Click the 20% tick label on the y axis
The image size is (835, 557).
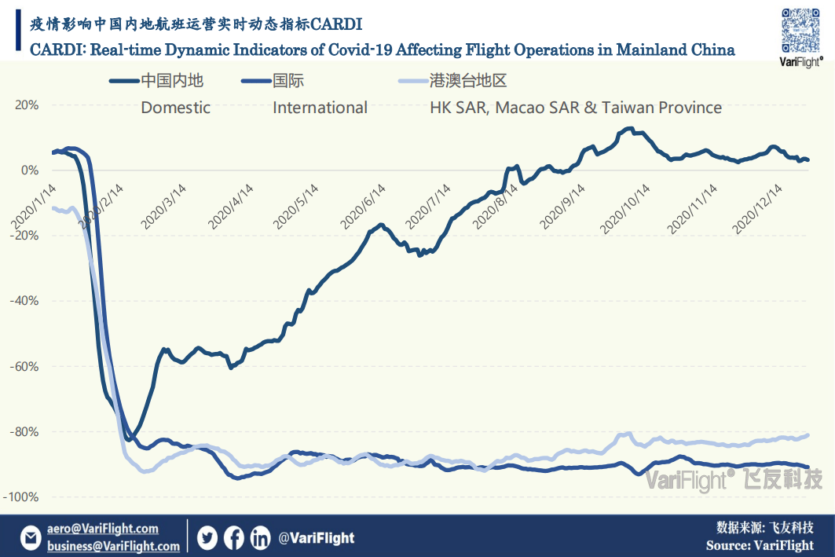tap(27, 105)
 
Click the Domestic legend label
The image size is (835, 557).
tap(175, 108)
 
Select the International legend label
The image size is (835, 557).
tap(320, 108)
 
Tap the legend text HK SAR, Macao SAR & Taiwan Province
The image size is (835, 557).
tap(575, 108)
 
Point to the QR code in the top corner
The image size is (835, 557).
tap(801, 30)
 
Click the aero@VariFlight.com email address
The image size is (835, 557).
tap(102, 529)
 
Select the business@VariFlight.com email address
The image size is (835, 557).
tap(113, 545)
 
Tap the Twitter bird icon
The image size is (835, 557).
tap(207, 537)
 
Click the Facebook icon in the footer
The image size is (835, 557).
tap(234, 537)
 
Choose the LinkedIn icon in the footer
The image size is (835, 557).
tap(260, 537)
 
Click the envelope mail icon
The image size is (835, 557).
tap(31, 538)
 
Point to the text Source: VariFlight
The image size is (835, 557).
tap(760, 544)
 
